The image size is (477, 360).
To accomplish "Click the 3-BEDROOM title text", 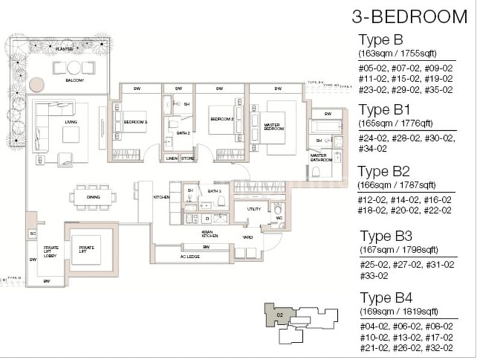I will (x=409, y=16).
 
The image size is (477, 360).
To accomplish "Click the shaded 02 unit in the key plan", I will (x=280, y=314).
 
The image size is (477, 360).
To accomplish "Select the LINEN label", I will (x=171, y=158).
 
